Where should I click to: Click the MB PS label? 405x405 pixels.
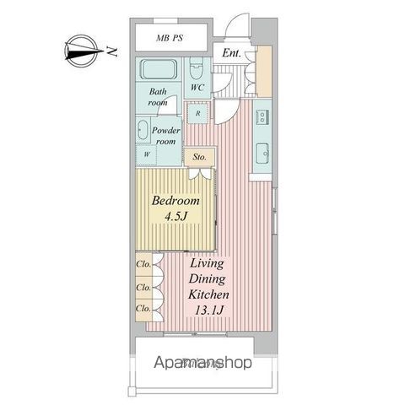click(x=172, y=39)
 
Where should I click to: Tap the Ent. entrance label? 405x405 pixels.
click(x=232, y=55)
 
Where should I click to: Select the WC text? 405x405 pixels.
click(x=197, y=88)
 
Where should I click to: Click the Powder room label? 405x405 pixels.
click(x=165, y=137)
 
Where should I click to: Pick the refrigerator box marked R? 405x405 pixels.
click(x=197, y=112)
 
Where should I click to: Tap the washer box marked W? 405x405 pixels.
click(x=146, y=154)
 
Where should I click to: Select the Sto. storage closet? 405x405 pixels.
click(x=200, y=157)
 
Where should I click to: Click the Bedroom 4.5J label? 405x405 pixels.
click(x=175, y=208)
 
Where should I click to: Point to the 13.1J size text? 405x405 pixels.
click(x=212, y=310)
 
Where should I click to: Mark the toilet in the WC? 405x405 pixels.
click(x=196, y=67)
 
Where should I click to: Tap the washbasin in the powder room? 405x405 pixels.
click(x=142, y=131)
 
